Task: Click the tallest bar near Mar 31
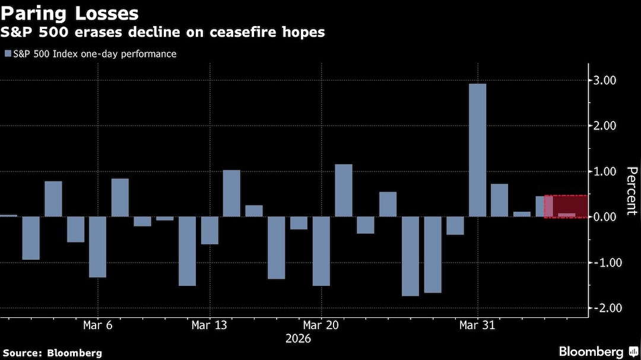pos(477,150)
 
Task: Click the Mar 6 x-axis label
pos(98,326)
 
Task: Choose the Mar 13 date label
pos(210,326)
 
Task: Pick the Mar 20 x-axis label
pos(321,326)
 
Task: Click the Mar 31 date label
pos(477,326)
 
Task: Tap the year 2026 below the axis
pos(298,339)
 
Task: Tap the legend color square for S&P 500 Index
pos(7,54)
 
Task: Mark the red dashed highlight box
pos(566,206)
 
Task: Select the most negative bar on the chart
pos(410,256)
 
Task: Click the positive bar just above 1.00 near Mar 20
pos(344,190)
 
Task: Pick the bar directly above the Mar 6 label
pos(98,247)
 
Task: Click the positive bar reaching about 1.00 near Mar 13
pos(231,193)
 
